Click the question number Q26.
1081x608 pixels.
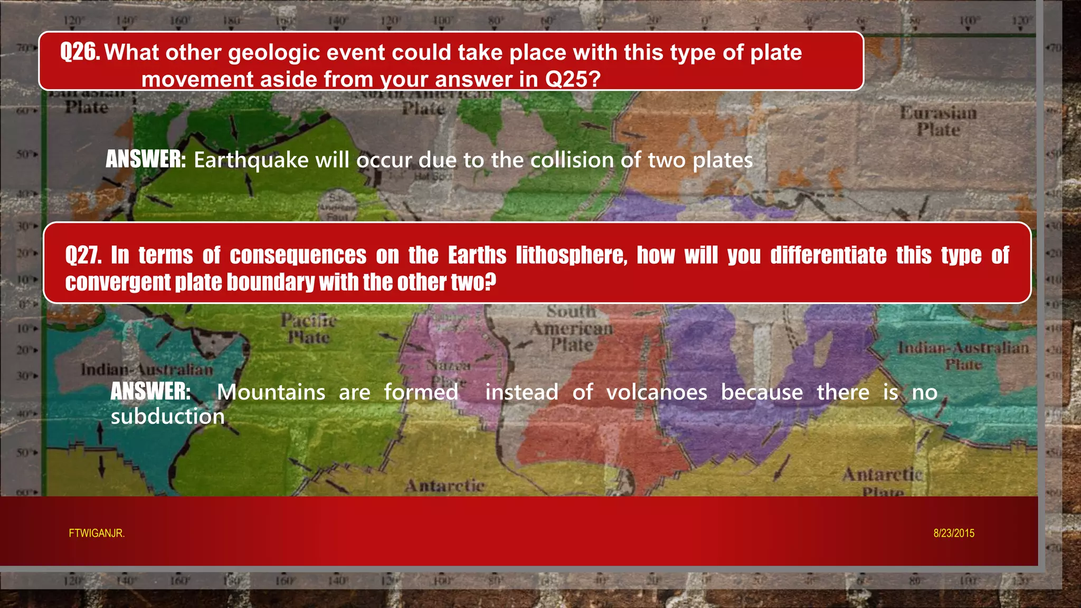[80, 52]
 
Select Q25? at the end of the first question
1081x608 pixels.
[573, 80]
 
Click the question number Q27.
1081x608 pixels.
[83, 255]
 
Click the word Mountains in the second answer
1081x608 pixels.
[271, 392]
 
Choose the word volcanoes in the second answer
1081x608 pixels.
[657, 392]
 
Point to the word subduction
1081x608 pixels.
[168, 416]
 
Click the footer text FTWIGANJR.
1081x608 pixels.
[97, 533]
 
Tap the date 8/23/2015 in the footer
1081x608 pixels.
[954, 533]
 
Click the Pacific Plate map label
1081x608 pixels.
[309, 328]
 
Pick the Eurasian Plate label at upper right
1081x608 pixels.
[938, 121]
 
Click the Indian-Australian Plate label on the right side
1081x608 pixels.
[963, 356]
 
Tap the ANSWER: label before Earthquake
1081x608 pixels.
[146, 159]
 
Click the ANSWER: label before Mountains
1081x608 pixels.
[150, 392]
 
